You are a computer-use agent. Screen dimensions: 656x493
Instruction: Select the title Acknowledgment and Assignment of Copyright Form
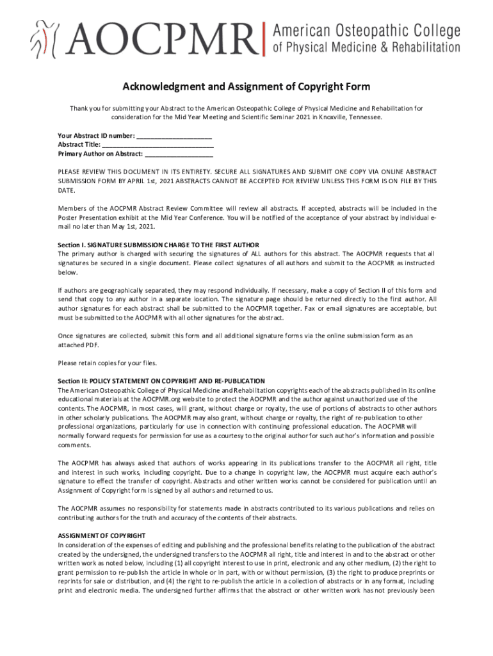[x=247, y=86]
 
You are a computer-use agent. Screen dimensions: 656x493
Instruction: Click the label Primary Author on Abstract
[x=101, y=154]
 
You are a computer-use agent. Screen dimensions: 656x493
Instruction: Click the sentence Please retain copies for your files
[x=107, y=363]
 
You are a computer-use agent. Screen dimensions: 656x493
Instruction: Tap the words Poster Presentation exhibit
[x=104, y=217]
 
